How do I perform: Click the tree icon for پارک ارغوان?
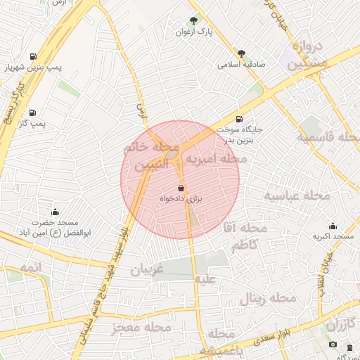coord(194,20)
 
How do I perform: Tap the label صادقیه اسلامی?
coord(240,64)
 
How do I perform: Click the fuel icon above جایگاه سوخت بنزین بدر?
coord(240,119)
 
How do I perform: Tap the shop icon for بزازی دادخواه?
coord(181,188)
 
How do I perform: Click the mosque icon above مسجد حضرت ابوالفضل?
coord(55,212)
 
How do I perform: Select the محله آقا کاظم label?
coord(250,236)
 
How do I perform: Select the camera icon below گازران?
coord(333,345)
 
